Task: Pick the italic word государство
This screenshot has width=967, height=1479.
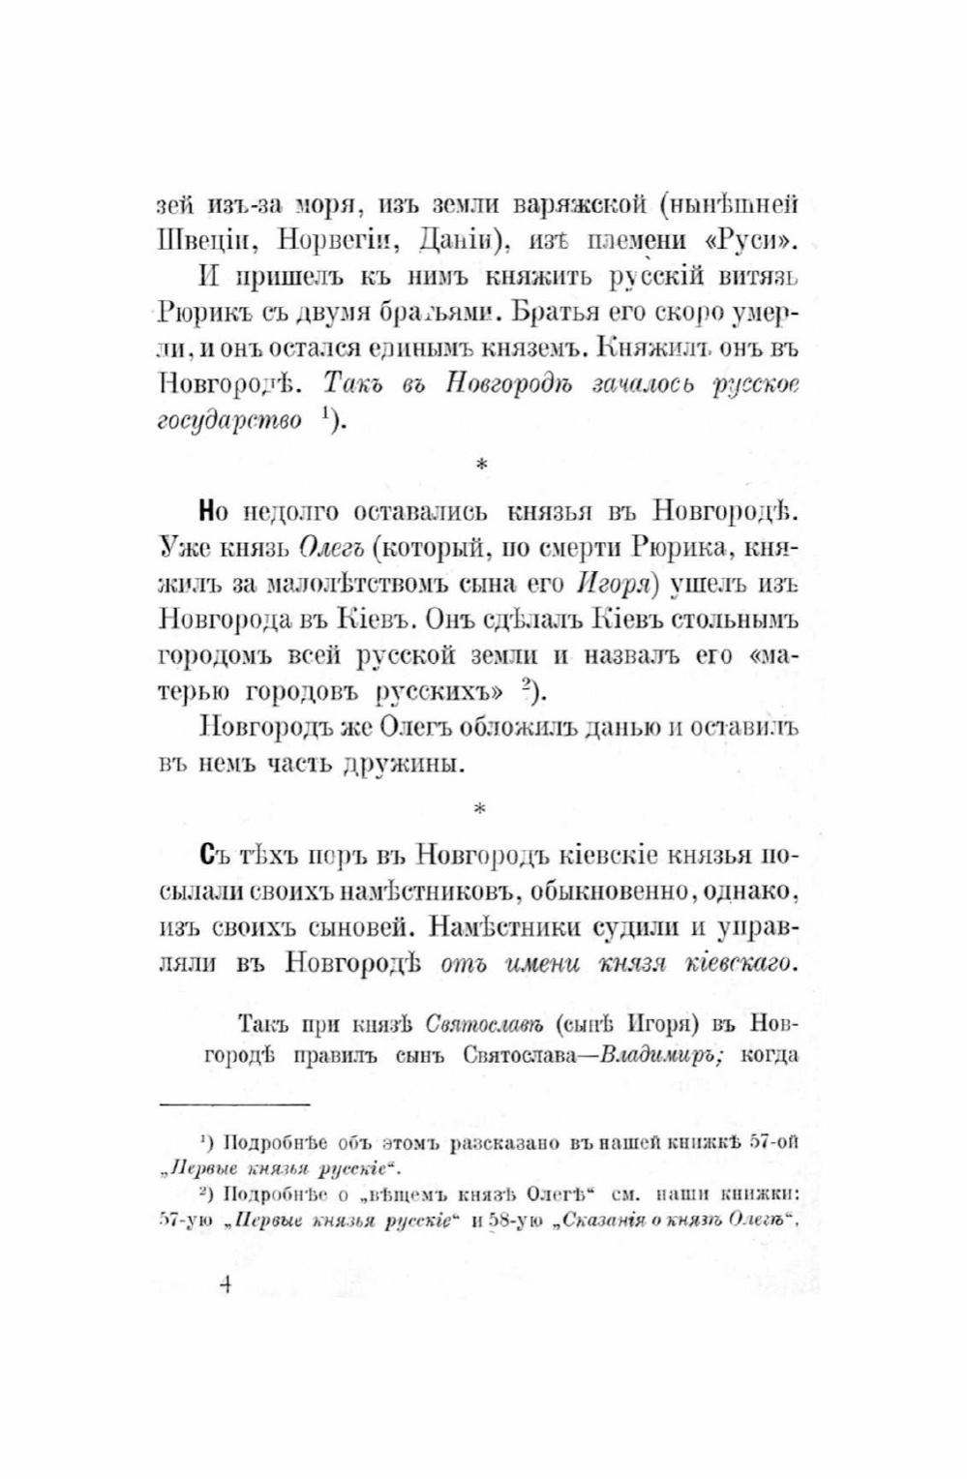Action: point(228,423)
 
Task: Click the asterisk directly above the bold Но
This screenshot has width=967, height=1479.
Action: point(481,466)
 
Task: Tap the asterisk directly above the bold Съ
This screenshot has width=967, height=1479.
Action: point(481,807)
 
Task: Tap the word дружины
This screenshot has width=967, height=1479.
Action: point(398,763)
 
